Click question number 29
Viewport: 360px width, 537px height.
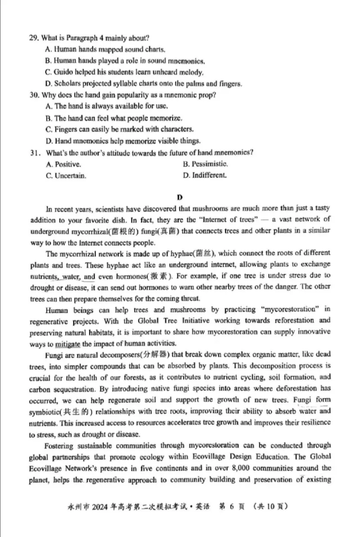click(x=34, y=38)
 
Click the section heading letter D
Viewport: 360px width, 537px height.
click(x=180, y=197)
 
